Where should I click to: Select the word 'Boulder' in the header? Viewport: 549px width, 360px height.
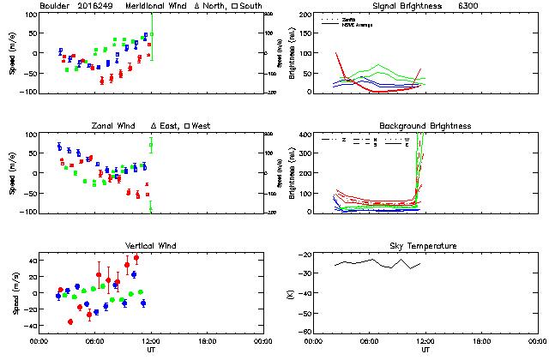pyautogui.click(x=55, y=7)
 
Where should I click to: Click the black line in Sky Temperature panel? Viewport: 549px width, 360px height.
pyautogui.click(x=377, y=261)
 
